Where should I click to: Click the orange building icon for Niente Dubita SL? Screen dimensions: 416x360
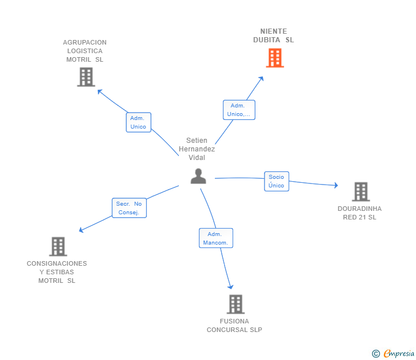pos(275,58)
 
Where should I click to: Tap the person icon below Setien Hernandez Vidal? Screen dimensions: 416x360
pos(198,176)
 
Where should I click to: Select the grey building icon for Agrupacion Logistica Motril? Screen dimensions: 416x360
pos(86,77)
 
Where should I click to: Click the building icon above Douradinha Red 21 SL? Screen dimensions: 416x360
pos(361,191)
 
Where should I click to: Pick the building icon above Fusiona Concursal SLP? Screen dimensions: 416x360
pos(235,304)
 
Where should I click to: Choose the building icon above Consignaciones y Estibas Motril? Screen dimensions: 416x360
pos(58,246)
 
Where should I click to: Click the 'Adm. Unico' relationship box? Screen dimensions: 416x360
pos(138,122)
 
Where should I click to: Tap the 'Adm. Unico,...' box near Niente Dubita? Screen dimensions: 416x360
pos(239,110)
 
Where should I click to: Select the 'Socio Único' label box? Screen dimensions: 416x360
pos(277,181)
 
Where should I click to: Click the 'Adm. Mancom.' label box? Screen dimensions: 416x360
pos(216,238)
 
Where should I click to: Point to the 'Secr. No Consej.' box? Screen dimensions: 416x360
pos(129,208)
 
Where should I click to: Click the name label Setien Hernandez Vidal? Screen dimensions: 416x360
pos(197,149)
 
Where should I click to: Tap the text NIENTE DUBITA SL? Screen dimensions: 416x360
pos(274,35)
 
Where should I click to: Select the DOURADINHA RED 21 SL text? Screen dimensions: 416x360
pos(359,213)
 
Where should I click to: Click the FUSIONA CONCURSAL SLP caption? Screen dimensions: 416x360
pos(234,326)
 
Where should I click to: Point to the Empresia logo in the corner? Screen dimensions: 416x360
pos(399,353)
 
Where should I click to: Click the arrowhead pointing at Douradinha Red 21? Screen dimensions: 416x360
pos(336,185)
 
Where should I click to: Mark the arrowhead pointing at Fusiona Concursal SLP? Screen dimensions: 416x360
pos(230,287)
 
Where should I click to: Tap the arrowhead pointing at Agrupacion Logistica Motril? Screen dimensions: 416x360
pos(100,92)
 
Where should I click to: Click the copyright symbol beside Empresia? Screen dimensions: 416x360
pos(375,354)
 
